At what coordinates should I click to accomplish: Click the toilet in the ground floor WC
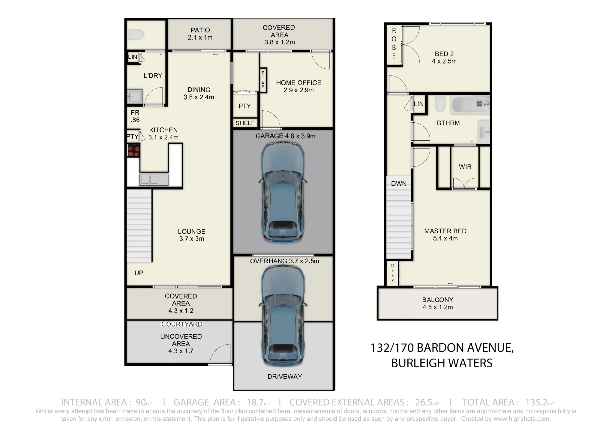tap(135, 34)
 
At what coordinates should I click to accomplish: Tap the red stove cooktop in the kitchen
tap(133, 150)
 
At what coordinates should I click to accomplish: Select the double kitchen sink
tap(154, 179)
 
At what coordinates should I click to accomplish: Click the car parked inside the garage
tap(283, 192)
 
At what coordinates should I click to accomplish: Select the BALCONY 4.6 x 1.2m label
tap(438, 303)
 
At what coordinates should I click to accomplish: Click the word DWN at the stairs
tap(399, 184)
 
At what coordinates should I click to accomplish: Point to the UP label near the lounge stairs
tap(139, 273)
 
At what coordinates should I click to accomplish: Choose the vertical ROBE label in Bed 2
tap(394, 43)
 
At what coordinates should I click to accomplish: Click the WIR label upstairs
tap(465, 167)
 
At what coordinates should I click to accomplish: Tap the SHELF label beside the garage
tap(245, 123)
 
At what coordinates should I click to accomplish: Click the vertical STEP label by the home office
tap(263, 80)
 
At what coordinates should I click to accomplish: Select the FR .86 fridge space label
tap(135, 116)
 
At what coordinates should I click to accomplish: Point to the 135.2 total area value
tap(536, 402)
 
